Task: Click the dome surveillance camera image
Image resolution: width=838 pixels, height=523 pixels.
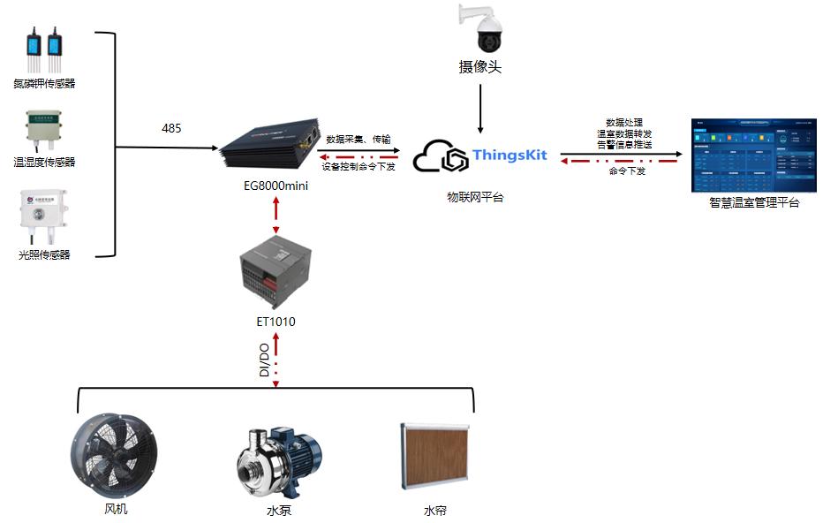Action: pyautogui.click(x=480, y=29)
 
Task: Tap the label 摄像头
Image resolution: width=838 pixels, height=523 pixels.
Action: pyautogui.click(x=479, y=67)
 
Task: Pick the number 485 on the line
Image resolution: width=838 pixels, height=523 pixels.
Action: pyautogui.click(x=171, y=129)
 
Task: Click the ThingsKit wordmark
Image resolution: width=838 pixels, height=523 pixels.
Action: pyautogui.click(x=510, y=155)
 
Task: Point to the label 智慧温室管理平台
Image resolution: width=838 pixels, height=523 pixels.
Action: pyautogui.click(x=754, y=203)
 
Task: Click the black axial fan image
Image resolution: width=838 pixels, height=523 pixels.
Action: pyautogui.click(x=115, y=456)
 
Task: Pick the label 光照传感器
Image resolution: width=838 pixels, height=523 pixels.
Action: pyautogui.click(x=44, y=255)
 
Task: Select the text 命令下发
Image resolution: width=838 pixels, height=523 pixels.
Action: pyautogui.click(x=627, y=171)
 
